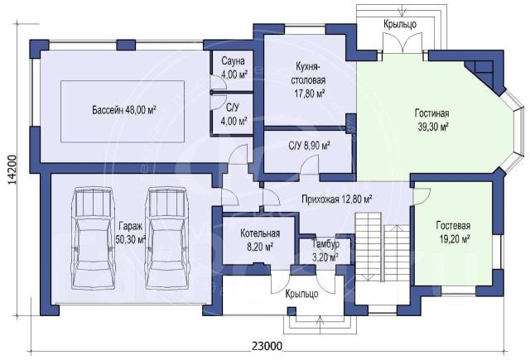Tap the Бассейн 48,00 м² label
click(x=123, y=110)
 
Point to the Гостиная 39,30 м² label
click(x=431, y=119)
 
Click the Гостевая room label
click(x=453, y=232)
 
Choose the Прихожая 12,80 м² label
click(x=337, y=199)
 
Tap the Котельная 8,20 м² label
click(x=260, y=240)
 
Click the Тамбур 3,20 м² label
click(x=325, y=250)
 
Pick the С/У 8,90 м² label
click(x=309, y=146)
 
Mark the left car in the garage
click(x=94, y=238)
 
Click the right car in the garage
click(x=166, y=238)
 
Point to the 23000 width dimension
click(x=267, y=346)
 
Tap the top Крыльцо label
click(x=400, y=24)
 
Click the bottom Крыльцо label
click(x=301, y=294)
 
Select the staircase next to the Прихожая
click(x=383, y=247)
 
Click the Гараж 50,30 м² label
click(x=131, y=233)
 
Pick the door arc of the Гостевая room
click(x=422, y=196)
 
